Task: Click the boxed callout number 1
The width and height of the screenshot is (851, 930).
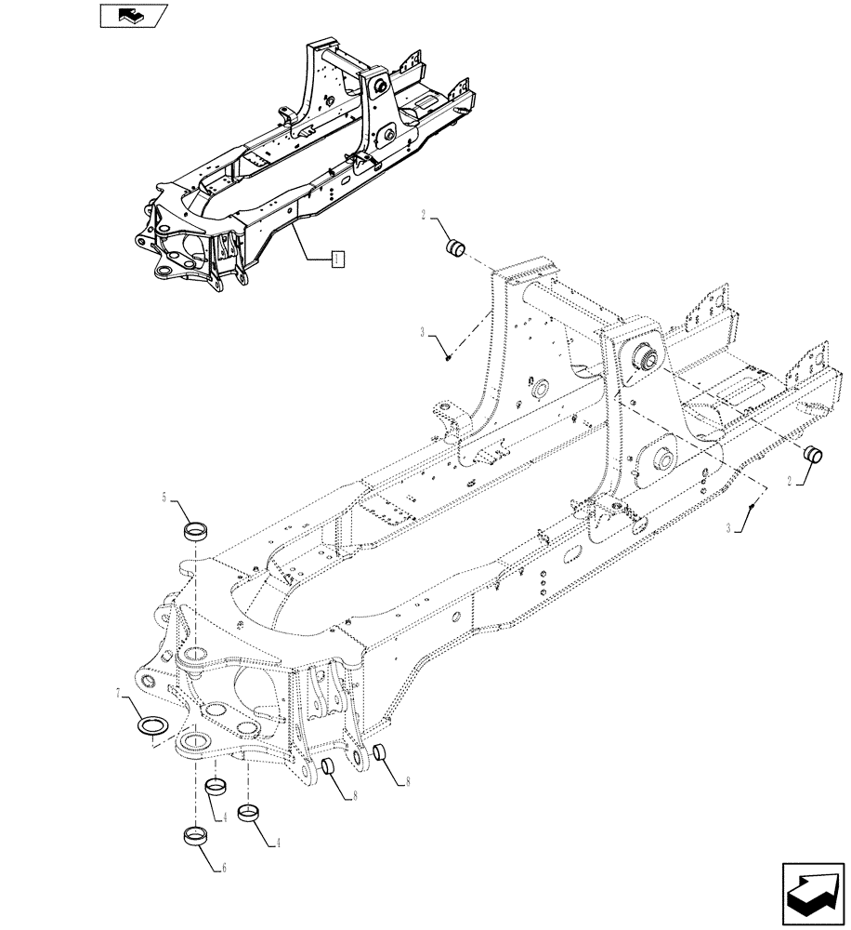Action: click(336, 258)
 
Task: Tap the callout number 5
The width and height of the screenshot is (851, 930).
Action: click(164, 498)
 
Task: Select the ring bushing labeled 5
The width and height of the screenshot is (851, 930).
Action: click(195, 531)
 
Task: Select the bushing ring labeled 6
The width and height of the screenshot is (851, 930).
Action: click(194, 834)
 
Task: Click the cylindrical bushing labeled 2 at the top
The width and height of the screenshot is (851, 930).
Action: click(455, 248)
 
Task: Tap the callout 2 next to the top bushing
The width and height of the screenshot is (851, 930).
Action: click(423, 217)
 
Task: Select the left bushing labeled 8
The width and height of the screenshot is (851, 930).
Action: click(328, 768)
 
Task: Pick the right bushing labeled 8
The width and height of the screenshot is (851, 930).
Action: click(379, 753)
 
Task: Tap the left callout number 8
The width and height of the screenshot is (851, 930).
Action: click(353, 796)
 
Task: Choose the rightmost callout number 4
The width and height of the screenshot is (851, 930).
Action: click(277, 844)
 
